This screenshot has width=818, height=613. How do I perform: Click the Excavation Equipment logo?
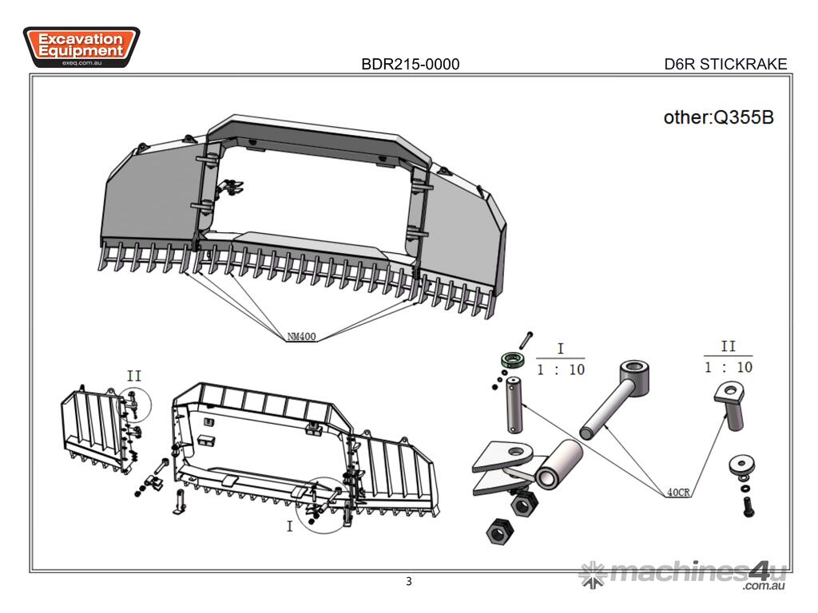[81, 46]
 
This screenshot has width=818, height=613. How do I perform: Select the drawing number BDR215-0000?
[410, 65]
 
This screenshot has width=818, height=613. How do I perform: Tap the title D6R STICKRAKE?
[725, 65]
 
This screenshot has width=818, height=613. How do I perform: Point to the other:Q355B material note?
[718, 117]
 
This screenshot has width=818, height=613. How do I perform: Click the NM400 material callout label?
[302, 337]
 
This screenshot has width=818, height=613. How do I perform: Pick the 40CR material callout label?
[678, 492]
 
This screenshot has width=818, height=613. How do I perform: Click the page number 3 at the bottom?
[409, 581]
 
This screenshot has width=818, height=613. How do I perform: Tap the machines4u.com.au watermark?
[685, 574]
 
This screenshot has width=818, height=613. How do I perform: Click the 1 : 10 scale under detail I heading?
[560, 370]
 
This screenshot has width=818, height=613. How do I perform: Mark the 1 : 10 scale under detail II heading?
[728, 367]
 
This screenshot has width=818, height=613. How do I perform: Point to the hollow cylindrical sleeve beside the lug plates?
[558, 465]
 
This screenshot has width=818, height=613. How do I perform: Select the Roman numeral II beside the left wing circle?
[134, 375]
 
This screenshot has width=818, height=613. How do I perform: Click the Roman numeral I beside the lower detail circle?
[289, 527]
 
